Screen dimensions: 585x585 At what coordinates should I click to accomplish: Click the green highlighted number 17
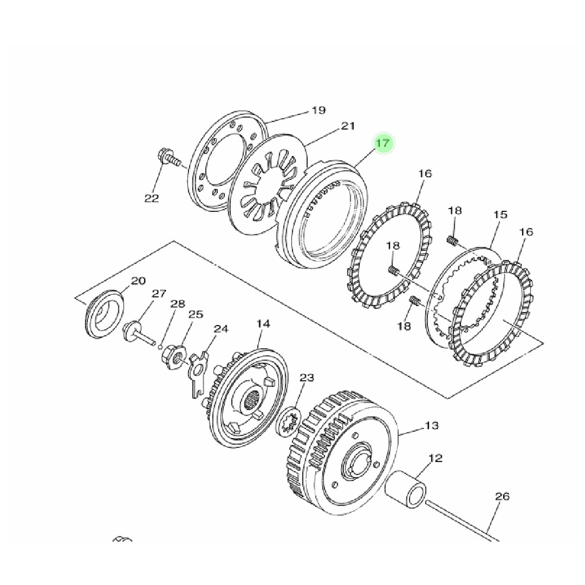click(x=383, y=143)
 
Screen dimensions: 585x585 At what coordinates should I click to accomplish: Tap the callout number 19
click(x=319, y=110)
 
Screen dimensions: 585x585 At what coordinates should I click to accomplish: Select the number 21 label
click(x=348, y=126)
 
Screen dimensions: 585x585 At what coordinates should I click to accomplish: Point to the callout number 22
click(x=151, y=198)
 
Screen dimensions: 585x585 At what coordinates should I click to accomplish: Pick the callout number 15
click(x=500, y=215)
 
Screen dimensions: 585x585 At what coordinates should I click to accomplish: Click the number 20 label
click(x=138, y=281)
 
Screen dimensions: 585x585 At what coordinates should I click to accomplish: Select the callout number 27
click(x=159, y=294)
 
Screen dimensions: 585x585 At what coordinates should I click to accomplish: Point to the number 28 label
click(x=178, y=304)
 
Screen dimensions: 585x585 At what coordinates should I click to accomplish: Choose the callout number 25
click(x=195, y=314)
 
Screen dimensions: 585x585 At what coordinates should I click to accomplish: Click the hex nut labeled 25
click(x=174, y=357)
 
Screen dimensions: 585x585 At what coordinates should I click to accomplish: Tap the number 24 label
click(x=221, y=329)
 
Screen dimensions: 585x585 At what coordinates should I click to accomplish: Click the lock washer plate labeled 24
click(x=198, y=373)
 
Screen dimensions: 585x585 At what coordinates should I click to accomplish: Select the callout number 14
click(x=263, y=323)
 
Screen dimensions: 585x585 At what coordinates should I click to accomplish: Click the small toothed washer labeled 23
click(x=289, y=422)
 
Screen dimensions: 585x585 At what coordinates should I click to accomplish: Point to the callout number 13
click(x=432, y=425)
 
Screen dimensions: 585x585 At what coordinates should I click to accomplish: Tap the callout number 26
click(x=502, y=496)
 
